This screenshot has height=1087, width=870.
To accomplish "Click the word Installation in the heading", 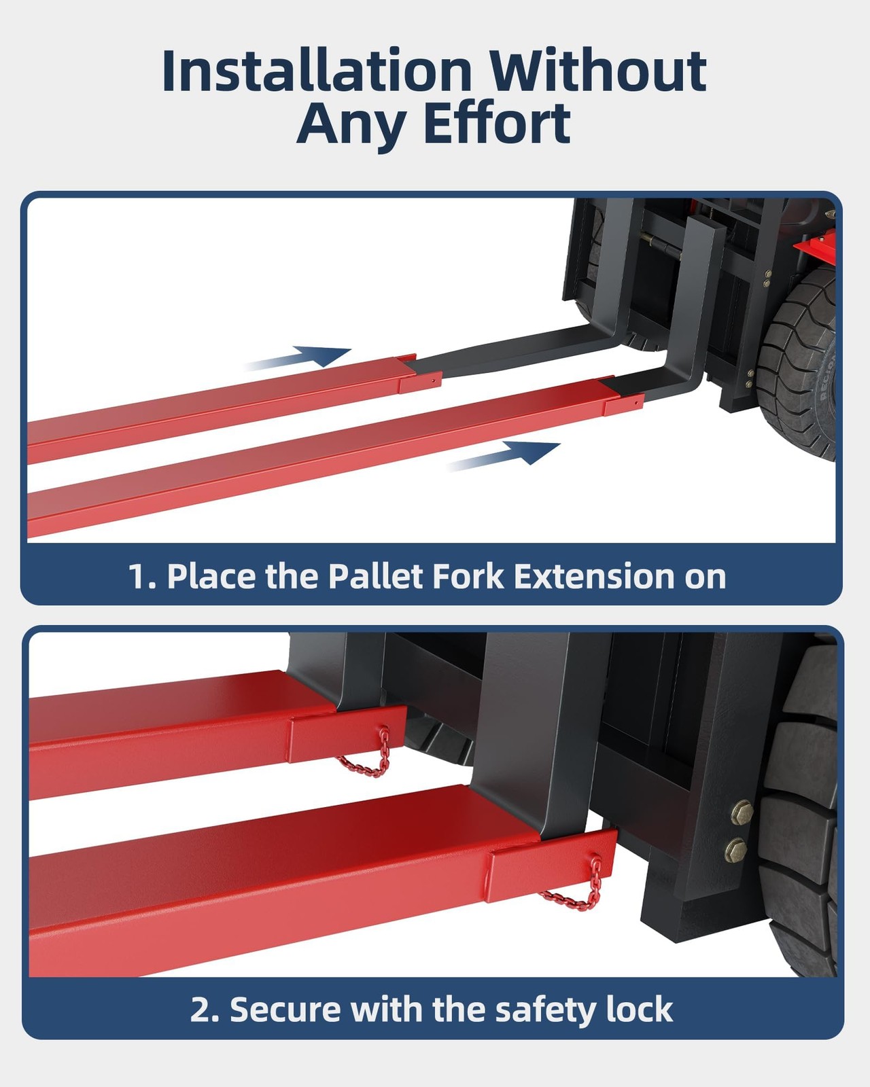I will coord(317,71).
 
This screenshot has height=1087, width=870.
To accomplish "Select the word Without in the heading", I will coord(598,71).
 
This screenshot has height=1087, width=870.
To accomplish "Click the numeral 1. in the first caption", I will coord(142,577).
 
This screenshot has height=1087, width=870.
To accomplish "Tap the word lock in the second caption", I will coord(639,1010).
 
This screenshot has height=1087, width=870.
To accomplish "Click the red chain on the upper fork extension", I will coord(367,758).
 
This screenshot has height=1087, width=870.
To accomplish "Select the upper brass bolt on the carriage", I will coord(741,810).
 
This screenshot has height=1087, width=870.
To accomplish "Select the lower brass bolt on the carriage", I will coord(736,849).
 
